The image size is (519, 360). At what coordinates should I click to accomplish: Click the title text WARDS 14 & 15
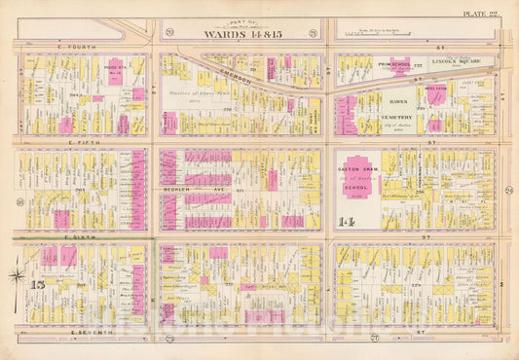[x=240, y=33]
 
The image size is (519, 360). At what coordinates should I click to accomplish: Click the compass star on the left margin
[x=18, y=277]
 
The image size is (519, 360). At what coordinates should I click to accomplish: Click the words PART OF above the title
[x=240, y=21]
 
